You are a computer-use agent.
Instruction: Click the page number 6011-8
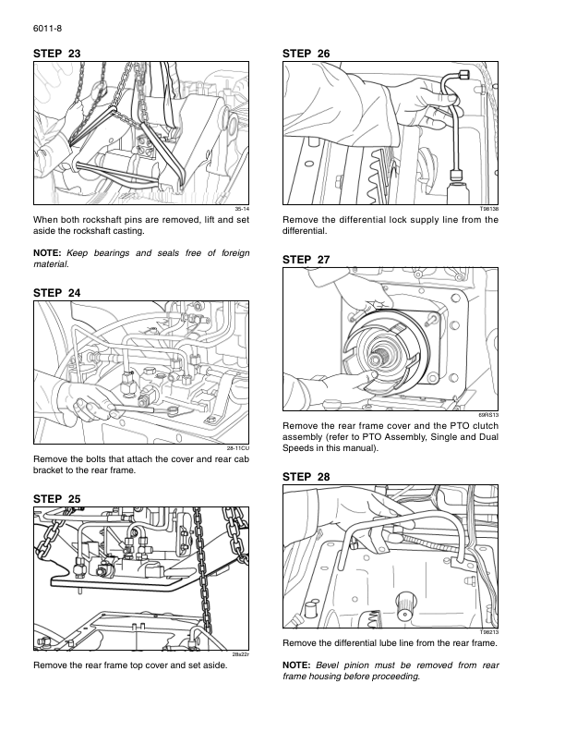click(x=47, y=29)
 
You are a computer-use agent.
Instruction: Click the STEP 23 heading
click(x=57, y=54)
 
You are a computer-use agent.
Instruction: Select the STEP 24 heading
click(x=57, y=293)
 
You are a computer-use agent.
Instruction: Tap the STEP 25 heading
click(x=57, y=499)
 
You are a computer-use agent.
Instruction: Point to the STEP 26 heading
click(x=306, y=54)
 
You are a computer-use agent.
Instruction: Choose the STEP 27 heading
click(x=306, y=260)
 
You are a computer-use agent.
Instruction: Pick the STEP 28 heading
click(x=306, y=477)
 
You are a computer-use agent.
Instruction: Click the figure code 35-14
click(x=242, y=209)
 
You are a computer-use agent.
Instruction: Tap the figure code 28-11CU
click(x=239, y=448)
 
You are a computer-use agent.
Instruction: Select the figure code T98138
click(x=489, y=209)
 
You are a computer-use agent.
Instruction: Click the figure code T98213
click(x=489, y=632)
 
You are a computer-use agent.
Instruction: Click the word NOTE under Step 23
click(x=47, y=253)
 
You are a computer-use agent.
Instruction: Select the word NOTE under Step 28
click(x=296, y=665)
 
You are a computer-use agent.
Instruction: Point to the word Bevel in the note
click(x=327, y=665)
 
